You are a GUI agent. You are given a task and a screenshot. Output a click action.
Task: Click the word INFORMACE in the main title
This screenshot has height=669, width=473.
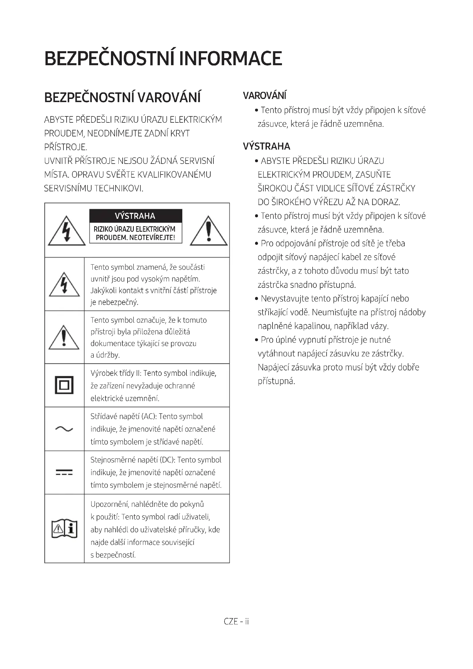tap(230, 58)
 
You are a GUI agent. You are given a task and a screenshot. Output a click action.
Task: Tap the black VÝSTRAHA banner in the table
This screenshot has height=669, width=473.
tap(136, 216)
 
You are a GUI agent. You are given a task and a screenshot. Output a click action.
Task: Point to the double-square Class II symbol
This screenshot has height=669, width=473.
tap(64, 385)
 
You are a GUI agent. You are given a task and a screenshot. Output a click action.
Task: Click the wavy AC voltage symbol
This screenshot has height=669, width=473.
tap(64, 429)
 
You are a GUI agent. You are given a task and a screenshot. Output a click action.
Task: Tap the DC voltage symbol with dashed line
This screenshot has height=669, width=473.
tap(64, 472)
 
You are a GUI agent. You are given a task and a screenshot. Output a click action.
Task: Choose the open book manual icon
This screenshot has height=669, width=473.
tap(64, 529)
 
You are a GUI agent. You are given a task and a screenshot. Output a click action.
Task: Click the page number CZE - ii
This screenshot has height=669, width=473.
tap(236, 622)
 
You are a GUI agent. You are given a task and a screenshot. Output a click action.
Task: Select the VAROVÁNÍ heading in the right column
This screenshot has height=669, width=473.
tap(265, 96)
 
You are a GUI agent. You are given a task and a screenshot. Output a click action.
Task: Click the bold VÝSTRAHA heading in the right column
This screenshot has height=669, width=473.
tap(267, 146)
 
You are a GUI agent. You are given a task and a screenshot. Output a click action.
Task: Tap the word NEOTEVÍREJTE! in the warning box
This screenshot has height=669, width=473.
tap(152, 238)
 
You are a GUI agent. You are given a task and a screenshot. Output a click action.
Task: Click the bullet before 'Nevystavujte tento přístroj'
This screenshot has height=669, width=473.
tap(257, 299)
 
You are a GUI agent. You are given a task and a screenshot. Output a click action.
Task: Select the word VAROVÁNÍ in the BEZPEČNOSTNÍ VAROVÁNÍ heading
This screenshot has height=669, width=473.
tap(169, 98)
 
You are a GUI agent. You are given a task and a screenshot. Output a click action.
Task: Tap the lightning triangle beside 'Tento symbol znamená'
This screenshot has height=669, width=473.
tap(64, 285)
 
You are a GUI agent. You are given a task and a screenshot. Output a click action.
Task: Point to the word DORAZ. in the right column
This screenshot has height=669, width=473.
tap(385, 202)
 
